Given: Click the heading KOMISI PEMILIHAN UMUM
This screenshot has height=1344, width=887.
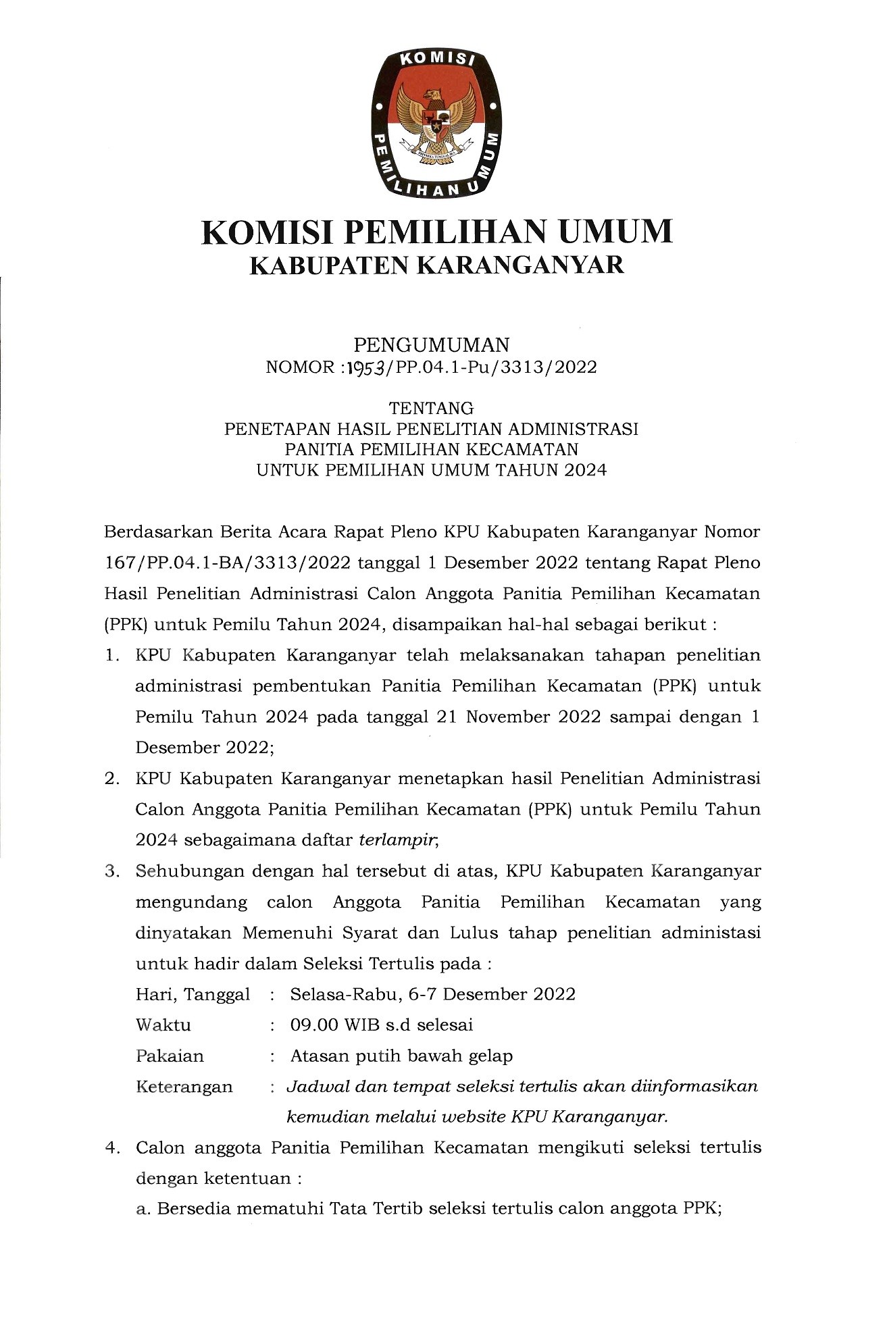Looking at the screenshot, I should coord(437,232).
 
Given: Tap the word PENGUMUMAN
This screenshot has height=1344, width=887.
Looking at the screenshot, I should coord(432,345).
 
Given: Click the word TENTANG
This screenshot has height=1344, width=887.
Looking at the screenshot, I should coord(432,408).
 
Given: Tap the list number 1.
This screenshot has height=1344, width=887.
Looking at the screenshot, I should coord(111,655).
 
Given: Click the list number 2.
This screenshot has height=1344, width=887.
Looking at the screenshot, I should coord(111,779).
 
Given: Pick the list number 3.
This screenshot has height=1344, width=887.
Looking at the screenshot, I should coord(111,871).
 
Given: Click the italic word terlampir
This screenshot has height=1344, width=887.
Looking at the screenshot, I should coord(399,840).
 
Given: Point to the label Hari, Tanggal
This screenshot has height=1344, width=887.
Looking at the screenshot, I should coord(193,995).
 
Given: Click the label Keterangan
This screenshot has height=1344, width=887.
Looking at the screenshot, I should coord(184,1087).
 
